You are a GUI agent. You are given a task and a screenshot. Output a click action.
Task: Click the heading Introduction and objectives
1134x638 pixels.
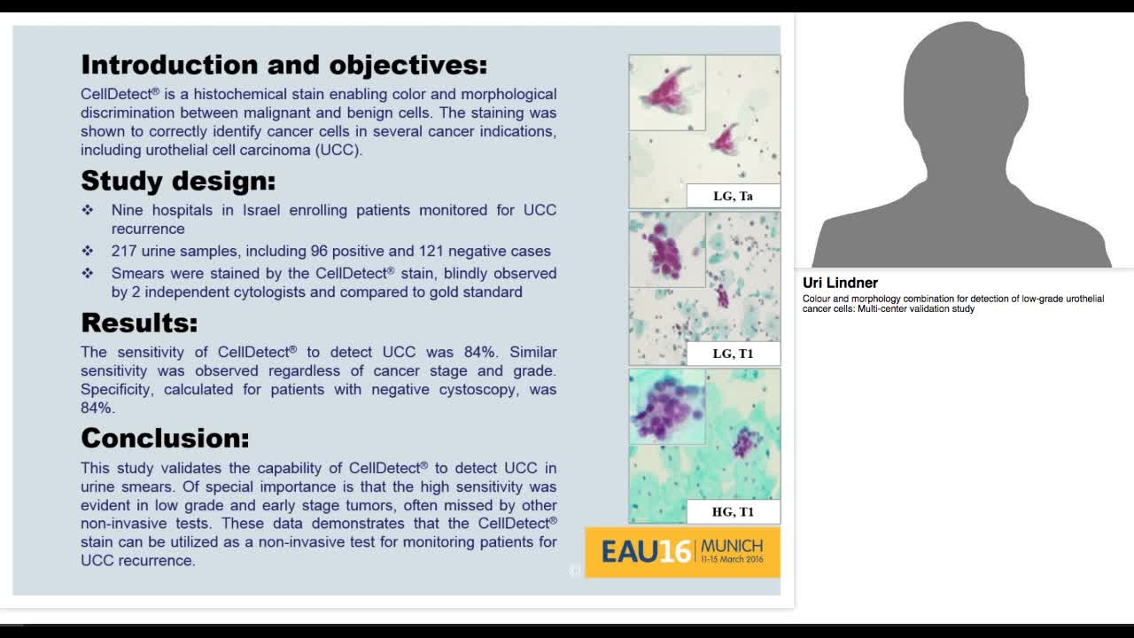283,65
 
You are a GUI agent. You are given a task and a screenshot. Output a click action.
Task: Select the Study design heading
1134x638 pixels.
178,181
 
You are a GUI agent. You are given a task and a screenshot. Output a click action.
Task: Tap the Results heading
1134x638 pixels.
139,323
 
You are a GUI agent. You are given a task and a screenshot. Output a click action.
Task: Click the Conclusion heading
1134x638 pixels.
165,438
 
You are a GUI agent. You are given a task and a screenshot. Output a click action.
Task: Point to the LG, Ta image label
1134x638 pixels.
733,196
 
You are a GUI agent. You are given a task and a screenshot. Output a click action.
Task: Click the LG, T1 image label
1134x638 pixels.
733,354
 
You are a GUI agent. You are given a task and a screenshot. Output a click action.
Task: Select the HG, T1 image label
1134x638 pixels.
733,511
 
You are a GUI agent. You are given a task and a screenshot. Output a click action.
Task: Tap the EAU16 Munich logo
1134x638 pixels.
682,552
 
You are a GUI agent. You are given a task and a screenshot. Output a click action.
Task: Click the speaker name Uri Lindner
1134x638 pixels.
840,283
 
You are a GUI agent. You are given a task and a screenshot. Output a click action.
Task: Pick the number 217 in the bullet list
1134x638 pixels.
123,251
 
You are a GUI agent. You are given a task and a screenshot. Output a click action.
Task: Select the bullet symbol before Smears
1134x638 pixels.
88,273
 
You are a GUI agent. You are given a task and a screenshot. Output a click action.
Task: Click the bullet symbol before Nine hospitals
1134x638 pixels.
88,210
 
